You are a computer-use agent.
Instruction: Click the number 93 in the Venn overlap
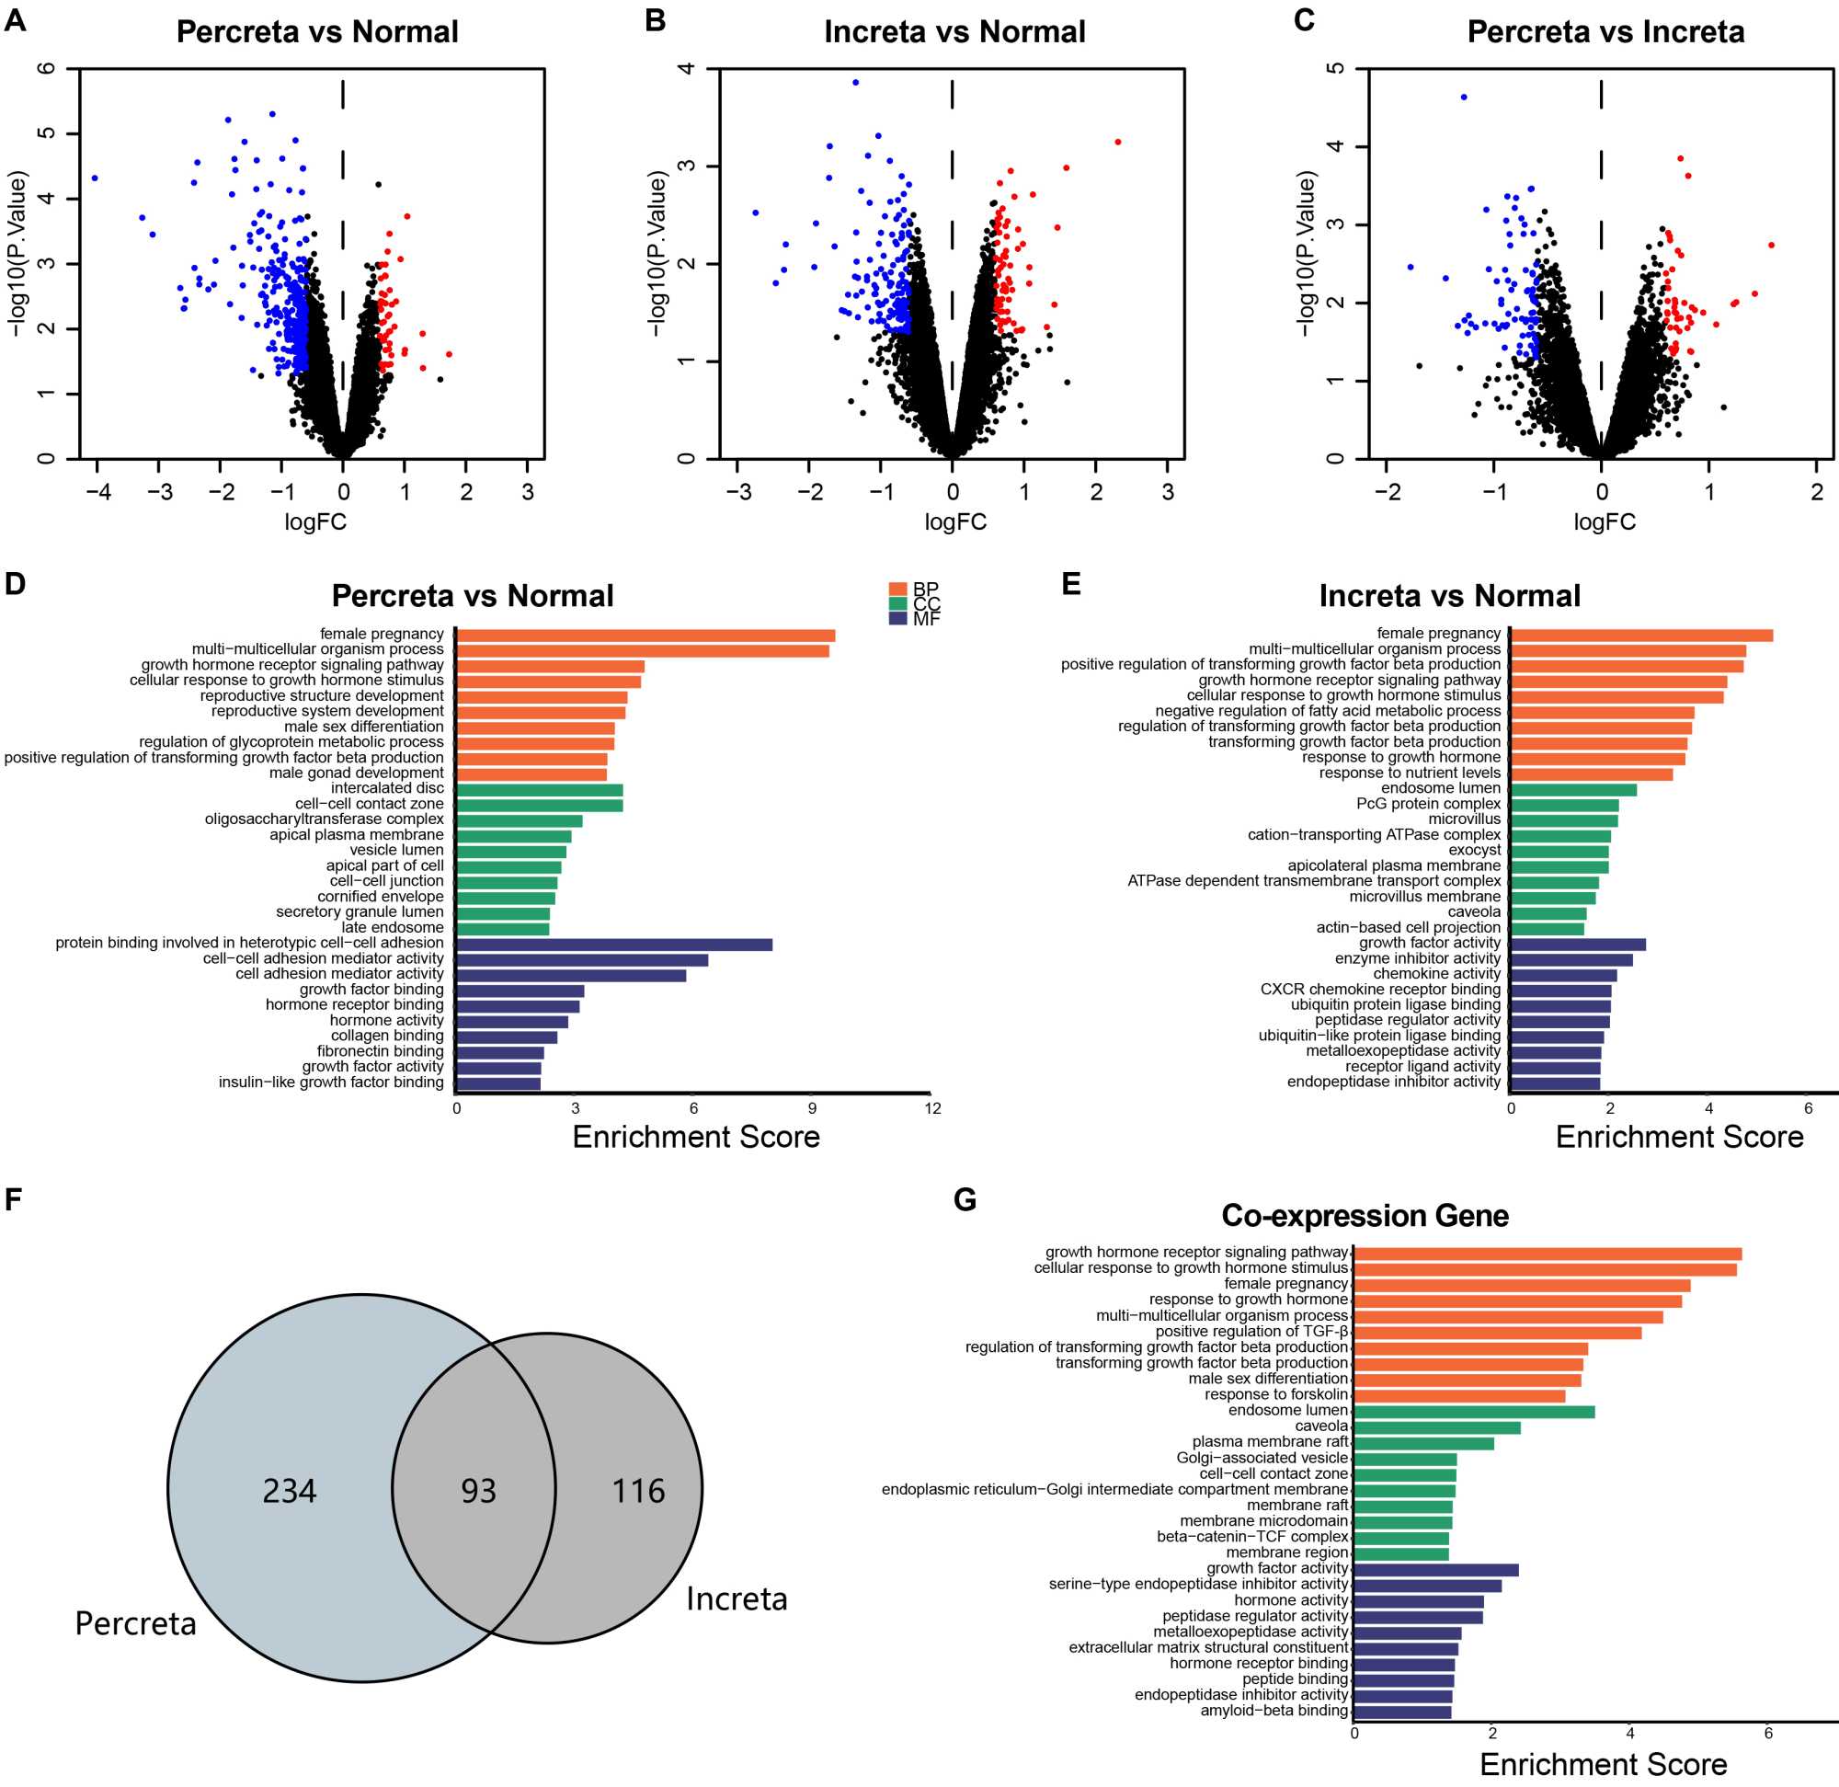pos(478,1491)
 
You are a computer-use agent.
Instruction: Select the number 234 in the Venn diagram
pos(289,1491)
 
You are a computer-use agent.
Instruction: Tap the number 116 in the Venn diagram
pos(638,1491)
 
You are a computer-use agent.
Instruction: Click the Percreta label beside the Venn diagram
pos(136,1623)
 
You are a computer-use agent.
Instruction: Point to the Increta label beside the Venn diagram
pos(737,1598)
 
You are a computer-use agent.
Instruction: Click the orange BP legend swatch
pos(898,590)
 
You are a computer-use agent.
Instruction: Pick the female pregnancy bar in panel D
pos(645,636)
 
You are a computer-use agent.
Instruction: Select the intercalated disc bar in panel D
pos(540,789)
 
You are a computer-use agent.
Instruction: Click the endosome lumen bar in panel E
pos(1574,789)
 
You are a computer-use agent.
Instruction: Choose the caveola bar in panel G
pos(1437,1427)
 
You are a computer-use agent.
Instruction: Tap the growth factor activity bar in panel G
pos(1436,1569)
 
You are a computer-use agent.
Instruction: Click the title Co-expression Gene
pos(1365,1216)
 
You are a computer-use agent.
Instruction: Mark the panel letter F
pos(13,1199)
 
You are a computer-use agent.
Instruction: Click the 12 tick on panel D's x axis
pos(932,1108)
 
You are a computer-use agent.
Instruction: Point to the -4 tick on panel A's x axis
pos(97,492)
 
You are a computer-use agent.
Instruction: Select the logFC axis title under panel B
pos(955,521)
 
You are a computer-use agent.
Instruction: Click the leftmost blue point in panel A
pos(95,178)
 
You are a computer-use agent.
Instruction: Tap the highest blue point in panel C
pos(1464,97)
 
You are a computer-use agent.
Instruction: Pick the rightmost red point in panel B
pos(1117,142)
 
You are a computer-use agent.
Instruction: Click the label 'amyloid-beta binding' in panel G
pos(1274,1710)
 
